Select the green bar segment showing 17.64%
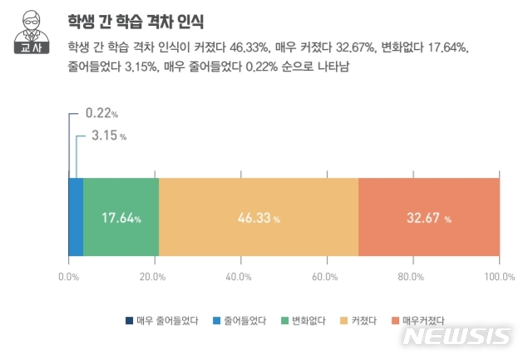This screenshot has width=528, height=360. (x=121, y=218)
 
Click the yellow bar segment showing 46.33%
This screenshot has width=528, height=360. (x=258, y=218)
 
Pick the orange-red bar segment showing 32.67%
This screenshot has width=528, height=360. (x=428, y=218)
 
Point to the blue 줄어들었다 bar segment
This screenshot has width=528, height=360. (x=76, y=218)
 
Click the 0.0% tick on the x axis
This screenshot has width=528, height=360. (x=69, y=275)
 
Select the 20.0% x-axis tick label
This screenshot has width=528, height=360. (x=155, y=275)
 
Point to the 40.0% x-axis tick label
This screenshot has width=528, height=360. (x=240, y=275)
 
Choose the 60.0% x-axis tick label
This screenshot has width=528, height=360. (x=327, y=275)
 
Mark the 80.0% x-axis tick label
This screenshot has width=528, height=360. (x=412, y=275)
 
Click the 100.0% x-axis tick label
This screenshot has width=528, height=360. (x=498, y=275)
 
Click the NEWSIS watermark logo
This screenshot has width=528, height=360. (x=456, y=338)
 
